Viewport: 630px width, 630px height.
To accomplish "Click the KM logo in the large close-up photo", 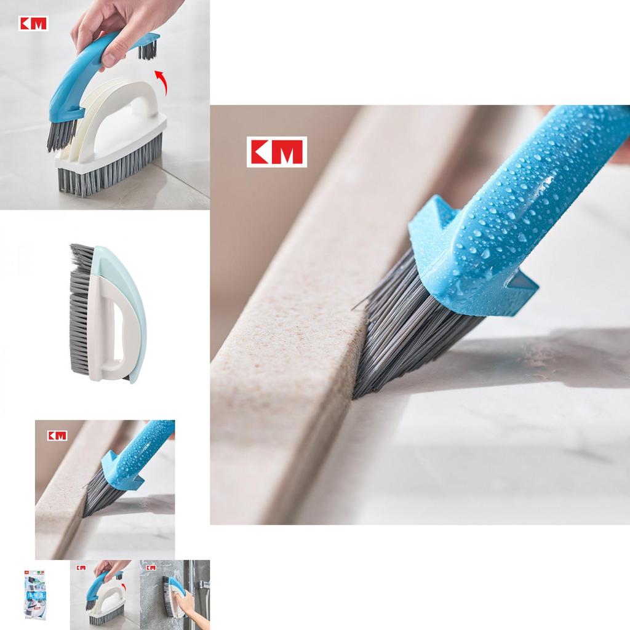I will (x=276, y=152).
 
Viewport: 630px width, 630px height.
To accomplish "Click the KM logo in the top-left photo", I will (x=33, y=23).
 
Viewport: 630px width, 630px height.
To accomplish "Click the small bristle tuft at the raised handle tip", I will (x=147, y=49).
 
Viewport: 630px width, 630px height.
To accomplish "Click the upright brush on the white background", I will (x=108, y=314).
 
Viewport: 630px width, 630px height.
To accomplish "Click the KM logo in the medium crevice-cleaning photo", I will (x=57, y=436).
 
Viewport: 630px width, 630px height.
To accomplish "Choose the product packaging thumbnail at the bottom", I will (x=34, y=594).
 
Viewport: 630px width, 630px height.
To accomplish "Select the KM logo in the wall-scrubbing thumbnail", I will (x=151, y=567).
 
